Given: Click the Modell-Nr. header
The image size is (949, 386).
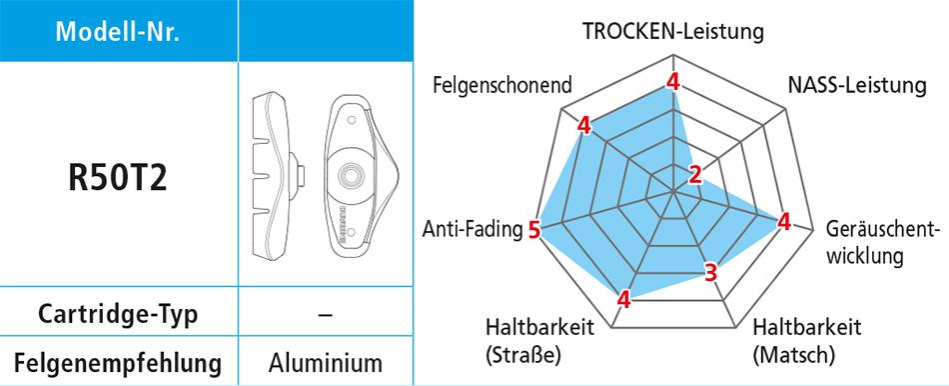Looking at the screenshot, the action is (x=118, y=31).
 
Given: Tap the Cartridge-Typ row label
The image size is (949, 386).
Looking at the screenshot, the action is (x=118, y=315).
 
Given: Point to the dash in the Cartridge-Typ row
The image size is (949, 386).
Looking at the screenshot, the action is (x=326, y=314).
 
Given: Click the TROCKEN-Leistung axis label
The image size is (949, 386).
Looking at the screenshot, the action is (x=673, y=31).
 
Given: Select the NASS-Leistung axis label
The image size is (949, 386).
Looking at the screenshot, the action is (x=857, y=85).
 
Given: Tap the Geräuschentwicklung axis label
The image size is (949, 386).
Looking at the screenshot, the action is (x=882, y=242).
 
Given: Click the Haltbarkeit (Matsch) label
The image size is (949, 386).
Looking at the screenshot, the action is (x=807, y=340).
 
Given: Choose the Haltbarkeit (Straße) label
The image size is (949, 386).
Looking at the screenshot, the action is (x=539, y=340).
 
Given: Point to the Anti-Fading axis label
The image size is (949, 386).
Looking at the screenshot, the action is (x=473, y=229).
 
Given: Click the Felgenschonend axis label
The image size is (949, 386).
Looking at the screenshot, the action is (x=502, y=85).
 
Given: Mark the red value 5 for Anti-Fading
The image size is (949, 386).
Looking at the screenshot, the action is (x=533, y=230).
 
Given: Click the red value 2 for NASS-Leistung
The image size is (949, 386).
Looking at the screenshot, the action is (x=695, y=175).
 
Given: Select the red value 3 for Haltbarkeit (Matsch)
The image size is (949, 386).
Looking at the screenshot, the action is (x=711, y=272).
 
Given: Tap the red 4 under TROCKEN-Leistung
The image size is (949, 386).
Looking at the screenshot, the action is (x=673, y=81).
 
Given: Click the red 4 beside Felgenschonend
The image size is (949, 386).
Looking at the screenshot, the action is (x=583, y=126).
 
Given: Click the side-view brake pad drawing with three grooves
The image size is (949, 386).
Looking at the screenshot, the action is (x=276, y=176).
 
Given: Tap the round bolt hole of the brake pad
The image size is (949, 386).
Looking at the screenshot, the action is (x=350, y=175).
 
